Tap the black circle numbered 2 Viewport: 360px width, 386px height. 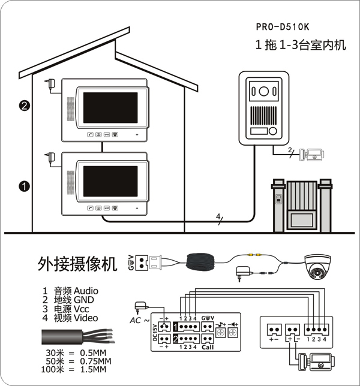[x=25, y=106]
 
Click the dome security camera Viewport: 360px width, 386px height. [x=317, y=267]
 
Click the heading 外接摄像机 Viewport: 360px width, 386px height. [x=77, y=264]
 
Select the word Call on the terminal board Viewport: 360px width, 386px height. [x=208, y=347]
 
